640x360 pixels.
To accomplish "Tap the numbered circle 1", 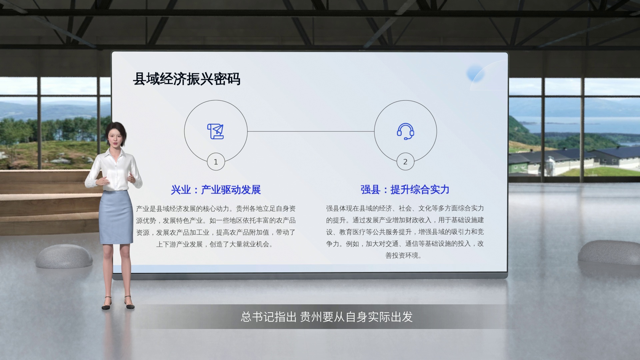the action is [216, 162].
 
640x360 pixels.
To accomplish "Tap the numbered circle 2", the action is [405, 162].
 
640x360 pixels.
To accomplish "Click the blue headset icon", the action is [405, 131].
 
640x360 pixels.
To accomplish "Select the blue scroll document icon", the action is [216, 131].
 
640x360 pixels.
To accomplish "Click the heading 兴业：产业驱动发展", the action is [216, 190].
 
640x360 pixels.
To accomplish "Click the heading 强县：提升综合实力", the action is [405, 190].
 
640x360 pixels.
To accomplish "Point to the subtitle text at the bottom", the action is [327, 317].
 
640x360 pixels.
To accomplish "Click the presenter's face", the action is [113, 137].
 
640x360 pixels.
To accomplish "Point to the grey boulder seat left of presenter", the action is [64, 256].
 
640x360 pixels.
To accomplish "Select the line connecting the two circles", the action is [311, 131].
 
